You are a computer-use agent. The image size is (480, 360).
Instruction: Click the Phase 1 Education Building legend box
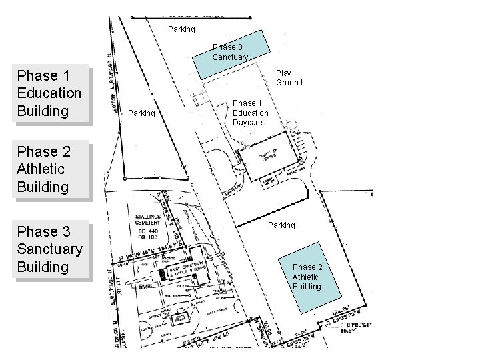coord(49,93)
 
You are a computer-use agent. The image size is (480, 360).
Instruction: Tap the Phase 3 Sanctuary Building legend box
coord(49,249)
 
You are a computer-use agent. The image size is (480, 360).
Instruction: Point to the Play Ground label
coord(289,78)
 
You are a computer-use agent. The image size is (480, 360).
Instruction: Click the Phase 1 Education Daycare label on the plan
coord(251,113)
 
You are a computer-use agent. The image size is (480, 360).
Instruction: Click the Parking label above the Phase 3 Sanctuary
coord(181,29)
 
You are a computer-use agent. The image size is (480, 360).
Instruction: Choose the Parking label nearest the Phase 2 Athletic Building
coord(281,225)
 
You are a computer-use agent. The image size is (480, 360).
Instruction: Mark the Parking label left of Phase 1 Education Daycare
coord(141,113)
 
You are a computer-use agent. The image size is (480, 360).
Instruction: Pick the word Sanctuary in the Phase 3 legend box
coord(49,249)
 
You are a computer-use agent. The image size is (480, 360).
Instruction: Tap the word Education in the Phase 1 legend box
coord(49,93)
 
